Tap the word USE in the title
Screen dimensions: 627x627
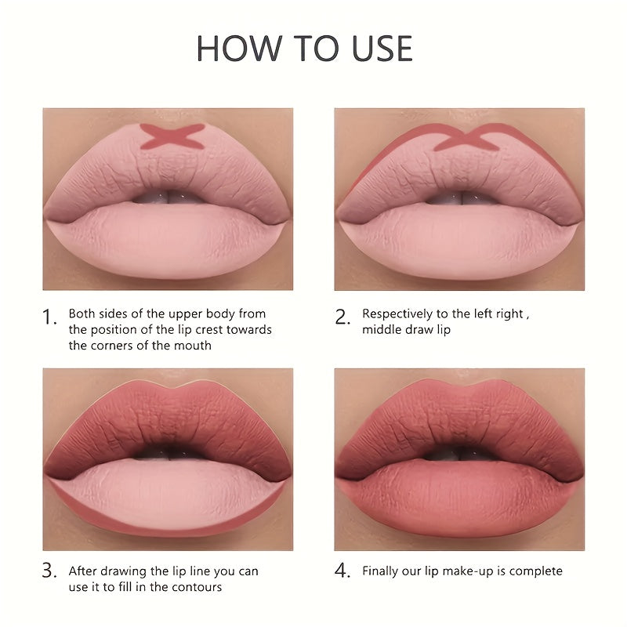pyautogui.click(x=373, y=49)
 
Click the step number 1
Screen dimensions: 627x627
pyautogui.click(x=50, y=317)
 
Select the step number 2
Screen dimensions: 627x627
pyautogui.click(x=342, y=317)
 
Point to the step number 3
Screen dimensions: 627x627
pyautogui.click(x=50, y=571)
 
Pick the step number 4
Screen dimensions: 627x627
pyautogui.click(x=342, y=571)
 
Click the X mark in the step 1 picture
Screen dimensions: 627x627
pyautogui.click(x=172, y=136)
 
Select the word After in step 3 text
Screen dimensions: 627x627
pyautogui.click(x=84, y=571)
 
